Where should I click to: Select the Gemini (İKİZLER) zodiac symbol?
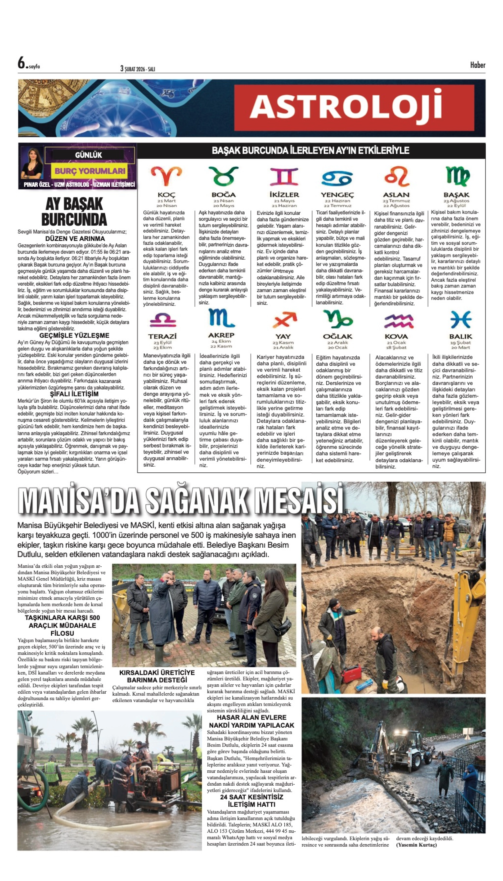tap(284, 177)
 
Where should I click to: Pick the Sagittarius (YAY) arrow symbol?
tap(284, 320)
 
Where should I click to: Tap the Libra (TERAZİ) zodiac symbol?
tap(163, 320)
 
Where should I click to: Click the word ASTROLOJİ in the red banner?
tap(346, 107)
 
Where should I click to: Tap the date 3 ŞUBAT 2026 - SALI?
tap(137, 69)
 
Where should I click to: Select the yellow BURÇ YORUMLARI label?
tap(90, 171)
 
